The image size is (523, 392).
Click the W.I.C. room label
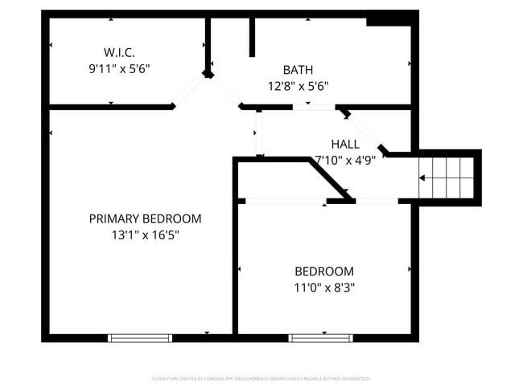[x=118, y=53]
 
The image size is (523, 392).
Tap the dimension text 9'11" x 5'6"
[x=119, y=69]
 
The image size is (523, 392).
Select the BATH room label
[x=298, y=70]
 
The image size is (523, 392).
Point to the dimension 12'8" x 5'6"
[x=298, y=86]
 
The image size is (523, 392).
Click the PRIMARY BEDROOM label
[x=145, y=218]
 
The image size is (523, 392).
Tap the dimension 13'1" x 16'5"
[x=145, y=235]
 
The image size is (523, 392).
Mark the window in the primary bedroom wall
[x=140, y=338]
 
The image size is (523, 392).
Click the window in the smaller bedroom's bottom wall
[x=320, y=338]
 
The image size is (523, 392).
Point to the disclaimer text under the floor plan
[x=261, y=378]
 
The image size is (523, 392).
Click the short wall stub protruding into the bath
[x=252, y=36]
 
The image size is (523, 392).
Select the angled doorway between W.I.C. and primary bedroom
[x=190, y=91]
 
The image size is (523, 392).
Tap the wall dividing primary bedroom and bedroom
[x=235, y=265]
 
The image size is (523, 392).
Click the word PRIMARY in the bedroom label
[x=113, y=218]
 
